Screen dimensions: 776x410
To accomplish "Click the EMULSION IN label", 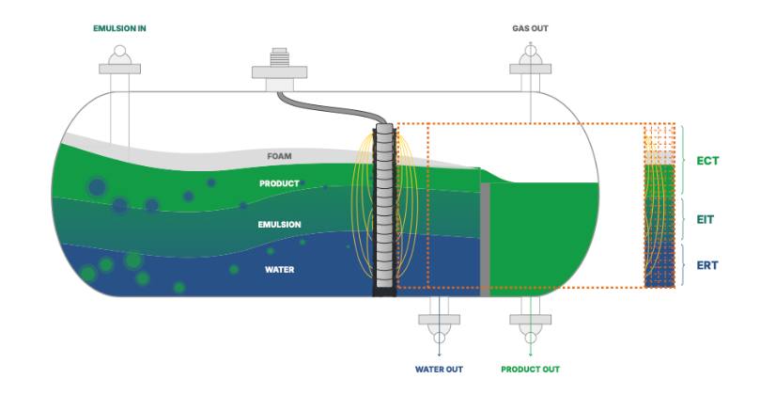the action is click(119, 29).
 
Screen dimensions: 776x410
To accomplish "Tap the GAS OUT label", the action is click(530, 29).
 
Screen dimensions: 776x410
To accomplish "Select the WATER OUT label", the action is click(439, 370).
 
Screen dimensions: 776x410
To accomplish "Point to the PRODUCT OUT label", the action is click(530, 370).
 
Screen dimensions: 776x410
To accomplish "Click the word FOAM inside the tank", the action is click(280, 156).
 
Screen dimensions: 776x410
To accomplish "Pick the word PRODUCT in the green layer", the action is click(279, 183).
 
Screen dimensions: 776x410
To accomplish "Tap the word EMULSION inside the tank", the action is click(279, 225).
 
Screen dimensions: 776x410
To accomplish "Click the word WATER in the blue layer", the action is click(280, 270).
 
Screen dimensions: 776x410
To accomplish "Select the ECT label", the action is click(707, 161).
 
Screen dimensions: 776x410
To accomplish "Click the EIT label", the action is click(706, 219).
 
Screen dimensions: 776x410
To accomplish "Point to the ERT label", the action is click(707, 265).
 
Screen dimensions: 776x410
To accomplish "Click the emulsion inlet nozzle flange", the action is click(119, 69).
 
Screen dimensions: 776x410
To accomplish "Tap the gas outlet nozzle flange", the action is click(531, 69).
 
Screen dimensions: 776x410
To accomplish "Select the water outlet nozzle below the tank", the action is click(439, 321).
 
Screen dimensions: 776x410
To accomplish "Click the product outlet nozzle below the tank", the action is click(531, 321).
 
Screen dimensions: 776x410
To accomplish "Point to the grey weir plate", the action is click(485, 240).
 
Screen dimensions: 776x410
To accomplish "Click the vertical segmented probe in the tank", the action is click(384, 210).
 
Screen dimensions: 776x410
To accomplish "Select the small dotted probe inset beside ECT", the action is click(660, 206).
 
